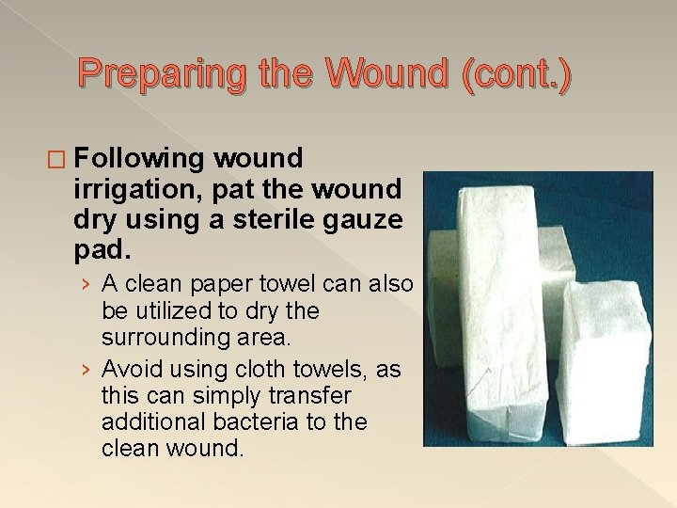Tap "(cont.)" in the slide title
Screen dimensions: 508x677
coord(514,74)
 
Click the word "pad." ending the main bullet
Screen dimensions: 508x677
coord(99,251)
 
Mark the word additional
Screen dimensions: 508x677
coord(148,422)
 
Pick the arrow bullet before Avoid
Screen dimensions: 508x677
coord(86,371)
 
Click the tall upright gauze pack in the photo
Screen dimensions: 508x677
coord(489,310)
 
